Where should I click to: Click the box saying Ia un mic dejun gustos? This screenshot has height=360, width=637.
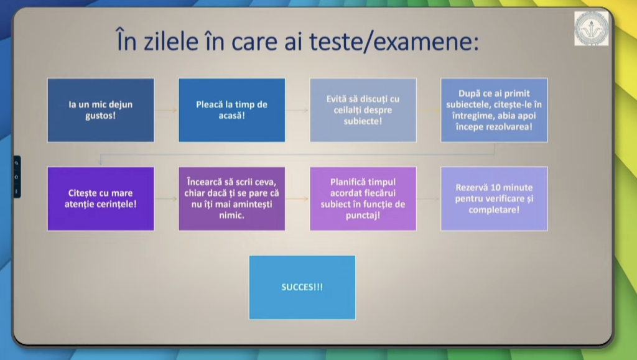101,110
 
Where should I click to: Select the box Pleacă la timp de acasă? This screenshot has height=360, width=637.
231,110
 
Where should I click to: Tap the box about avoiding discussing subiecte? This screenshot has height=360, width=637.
363,110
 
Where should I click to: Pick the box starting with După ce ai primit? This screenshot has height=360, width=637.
494,110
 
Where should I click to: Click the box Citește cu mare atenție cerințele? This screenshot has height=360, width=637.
101,198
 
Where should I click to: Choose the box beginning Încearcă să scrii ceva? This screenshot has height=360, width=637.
231,198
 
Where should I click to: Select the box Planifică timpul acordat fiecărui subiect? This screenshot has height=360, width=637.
363,198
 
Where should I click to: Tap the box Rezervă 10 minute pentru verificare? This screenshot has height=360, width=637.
494,198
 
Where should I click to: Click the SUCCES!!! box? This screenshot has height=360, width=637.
302,287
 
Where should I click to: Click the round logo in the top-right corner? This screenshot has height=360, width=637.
591,29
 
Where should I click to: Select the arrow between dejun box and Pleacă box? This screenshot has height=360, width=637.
166,110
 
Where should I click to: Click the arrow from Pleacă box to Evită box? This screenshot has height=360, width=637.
297,110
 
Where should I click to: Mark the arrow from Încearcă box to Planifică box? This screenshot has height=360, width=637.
297,199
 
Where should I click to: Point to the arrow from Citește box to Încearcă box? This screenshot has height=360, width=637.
166,199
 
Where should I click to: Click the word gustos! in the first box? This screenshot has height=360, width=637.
100,116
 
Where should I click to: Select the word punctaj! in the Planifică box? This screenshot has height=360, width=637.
363,215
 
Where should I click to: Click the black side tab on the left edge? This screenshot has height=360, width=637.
17,177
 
